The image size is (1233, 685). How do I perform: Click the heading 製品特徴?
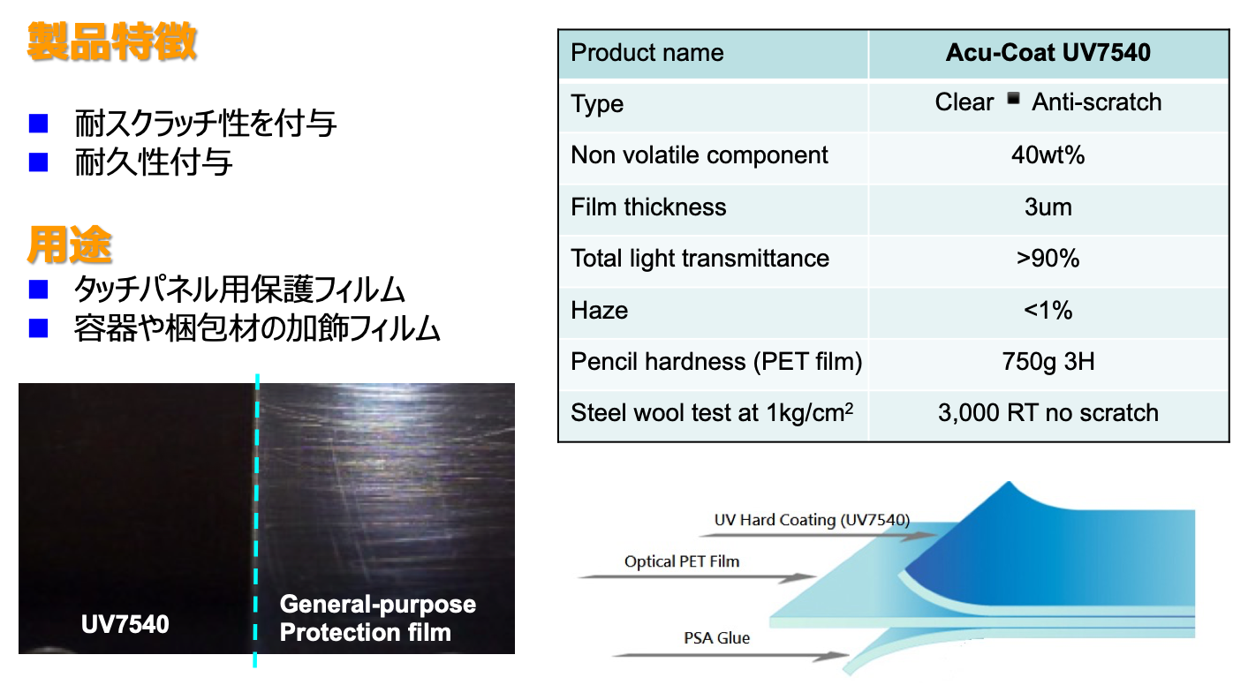click(x=111, y=41)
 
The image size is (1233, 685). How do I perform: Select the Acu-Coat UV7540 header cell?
click(x=1048, y=53)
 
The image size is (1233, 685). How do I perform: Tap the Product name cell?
click(x=647, y=53)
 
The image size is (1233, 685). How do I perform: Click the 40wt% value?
click(x=1048, y=156)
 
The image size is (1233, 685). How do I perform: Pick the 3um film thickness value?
click(x=1048, y=207)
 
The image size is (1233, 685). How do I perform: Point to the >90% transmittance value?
click(x=1048, y=259)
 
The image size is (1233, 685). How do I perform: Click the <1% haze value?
click(x=1048, y=310)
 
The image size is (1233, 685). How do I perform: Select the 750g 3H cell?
click(x=1048, y=362)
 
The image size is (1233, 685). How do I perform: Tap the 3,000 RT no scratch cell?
click(x=1048, y=413)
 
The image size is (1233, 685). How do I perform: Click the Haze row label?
click(x=600, y=310)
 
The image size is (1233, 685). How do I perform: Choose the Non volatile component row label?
click(x=700, y=156)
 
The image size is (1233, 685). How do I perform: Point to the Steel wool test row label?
click(x=712, y=413)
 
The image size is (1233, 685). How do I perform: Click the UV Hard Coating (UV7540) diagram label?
click(x=812, y=520)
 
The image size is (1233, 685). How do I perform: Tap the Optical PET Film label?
click(x=682, y=561)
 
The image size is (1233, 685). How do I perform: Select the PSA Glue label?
click(x=716, y=638)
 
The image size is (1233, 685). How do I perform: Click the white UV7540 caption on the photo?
click(x=125, y=625)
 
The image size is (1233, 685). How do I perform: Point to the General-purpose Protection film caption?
click(x=377, y=618)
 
